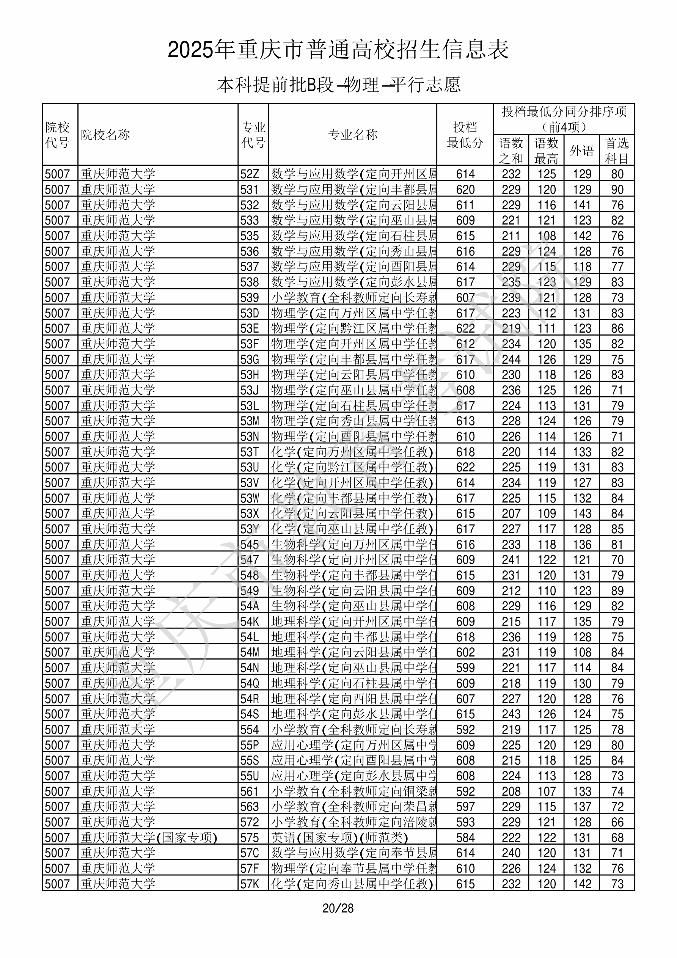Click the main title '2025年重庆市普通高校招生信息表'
click(x=338, y=50)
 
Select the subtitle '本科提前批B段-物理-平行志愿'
click(x=338, y=85)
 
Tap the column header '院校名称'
click(x=105, y=135)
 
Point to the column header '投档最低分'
click(x=465, y=135)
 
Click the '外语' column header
click(x=581, y=150)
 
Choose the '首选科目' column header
click(x=617, y=150)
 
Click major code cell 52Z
click(x=250, y=174)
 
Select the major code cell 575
click(x=250, y=837)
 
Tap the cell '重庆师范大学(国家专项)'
click(x=149, y=837)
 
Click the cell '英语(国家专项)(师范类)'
click(x=339, y=837)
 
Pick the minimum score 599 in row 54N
click(x=465, y=667)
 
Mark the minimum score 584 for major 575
click(x=465, y=837)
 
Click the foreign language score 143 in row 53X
click(x=582, y=513)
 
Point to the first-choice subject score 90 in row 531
click(x=617, y=189)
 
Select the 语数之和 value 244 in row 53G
click(x=511, y=359)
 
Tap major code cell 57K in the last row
click(x=250, y=884)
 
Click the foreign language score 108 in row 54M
click(x=582, y=652)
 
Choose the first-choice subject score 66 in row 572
click(x=617, y=822)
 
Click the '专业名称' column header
click(x=353, y=135)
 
